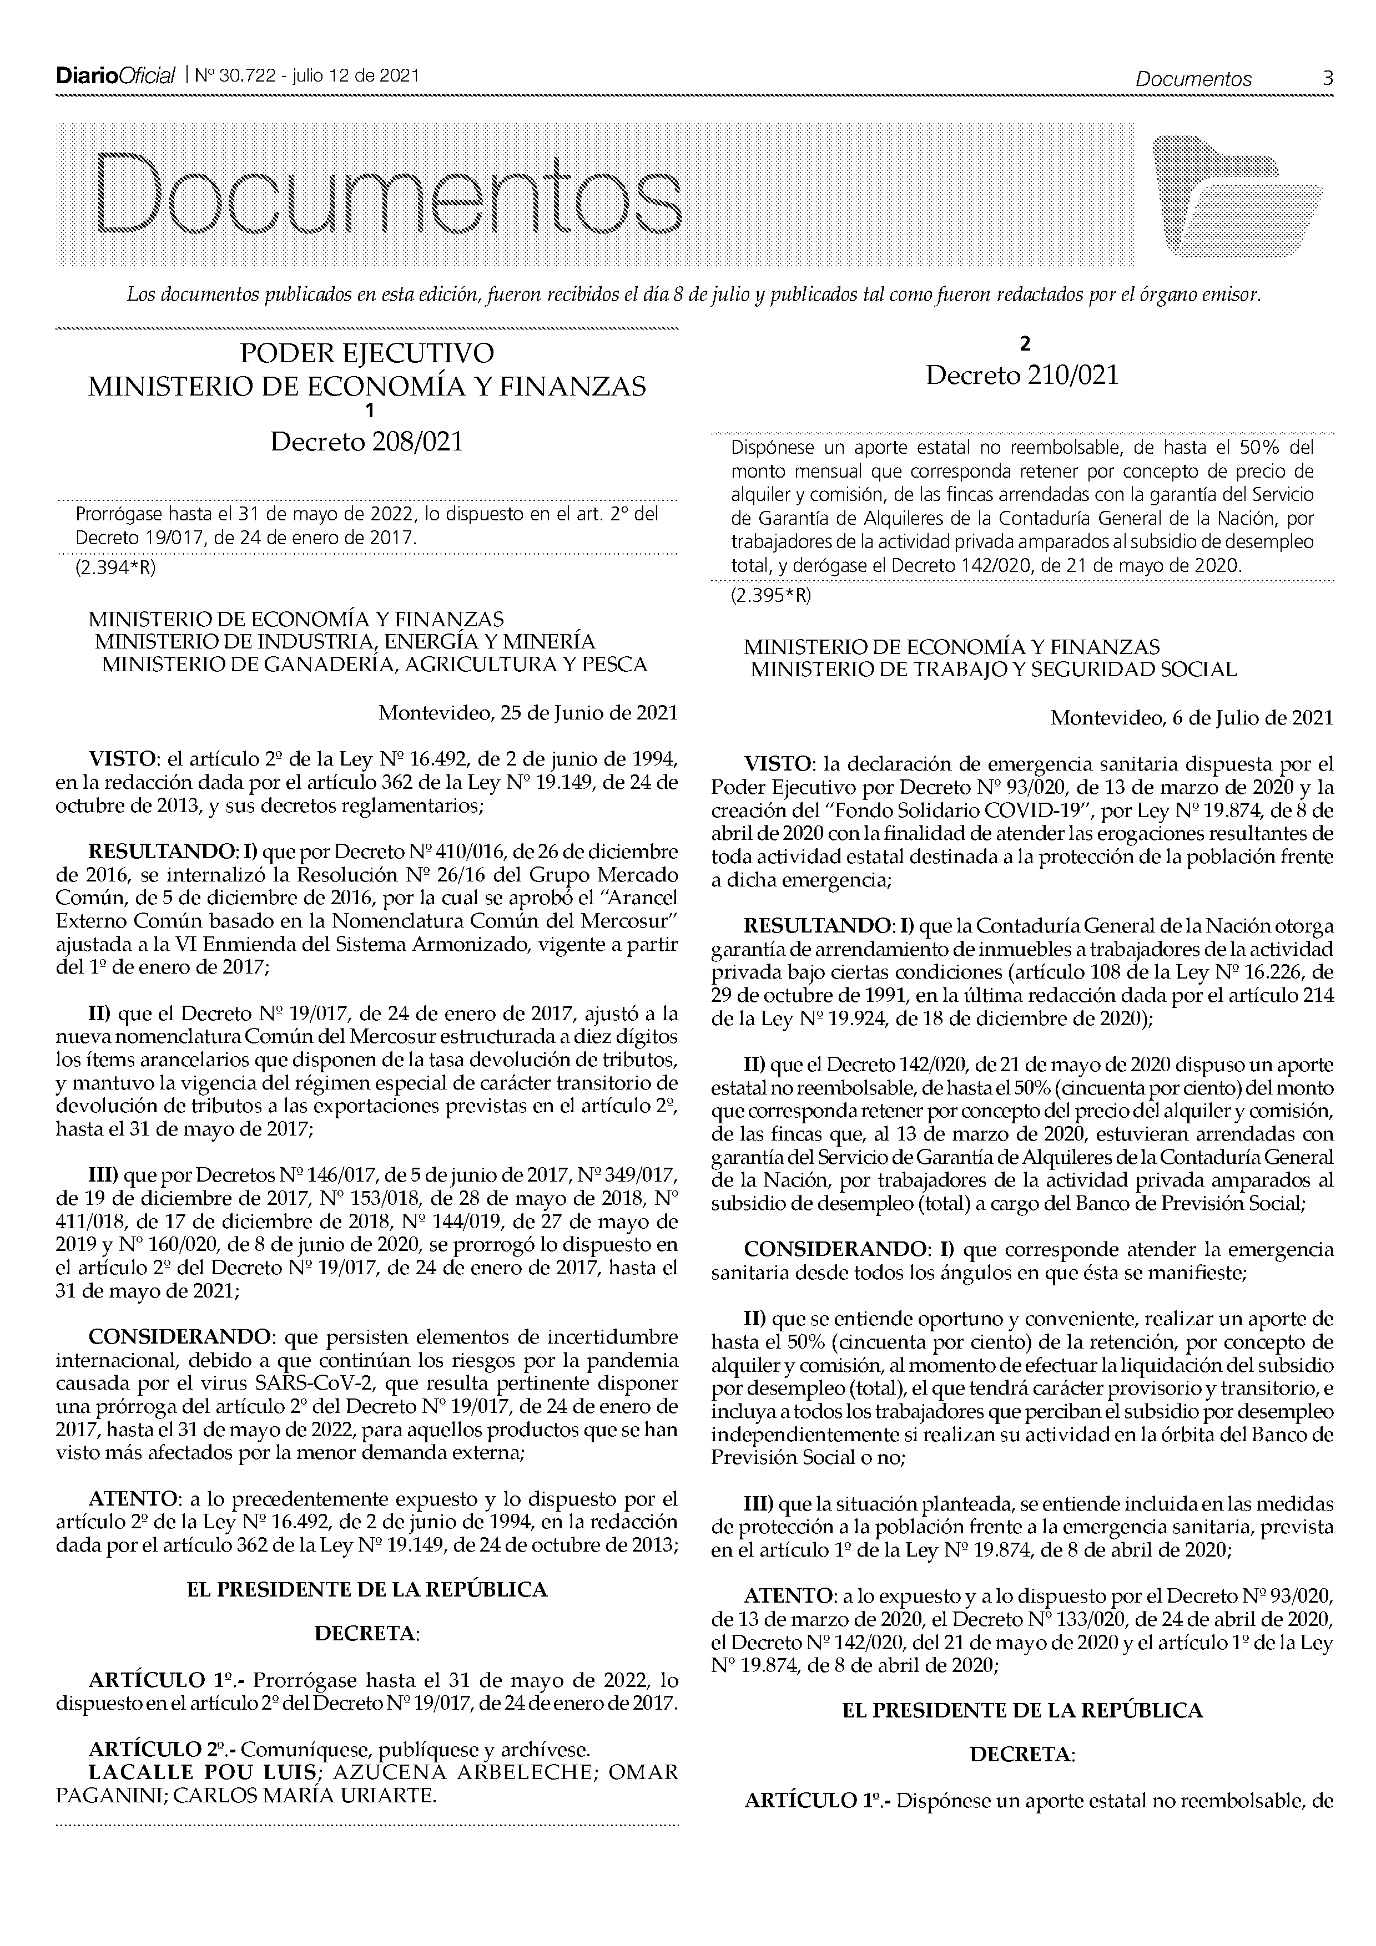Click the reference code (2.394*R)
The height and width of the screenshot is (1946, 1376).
coord(116,568)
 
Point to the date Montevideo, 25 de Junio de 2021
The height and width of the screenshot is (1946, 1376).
coord(527,713)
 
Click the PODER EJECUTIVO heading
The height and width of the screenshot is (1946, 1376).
coord(366,353)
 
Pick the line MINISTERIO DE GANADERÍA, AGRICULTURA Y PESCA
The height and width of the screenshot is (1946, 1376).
coord(374,665)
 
